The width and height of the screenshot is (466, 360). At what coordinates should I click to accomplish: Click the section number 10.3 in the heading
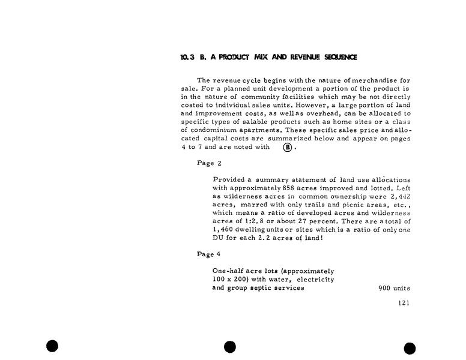click(187, 58)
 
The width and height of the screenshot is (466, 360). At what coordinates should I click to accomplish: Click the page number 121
click(404, 303)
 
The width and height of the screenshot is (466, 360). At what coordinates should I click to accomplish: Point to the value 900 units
click(394, 288)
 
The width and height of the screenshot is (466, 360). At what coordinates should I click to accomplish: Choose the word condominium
click(228, 130)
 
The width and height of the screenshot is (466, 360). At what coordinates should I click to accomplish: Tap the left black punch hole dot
click(52, 346)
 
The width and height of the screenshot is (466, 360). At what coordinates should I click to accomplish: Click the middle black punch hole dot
click(229, 347)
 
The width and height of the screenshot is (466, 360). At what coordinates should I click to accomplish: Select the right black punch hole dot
click(410, 349)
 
